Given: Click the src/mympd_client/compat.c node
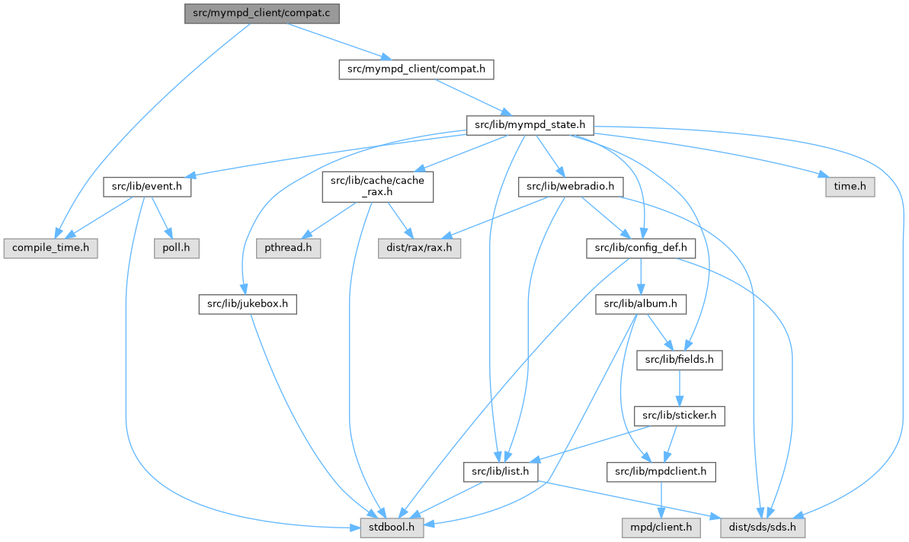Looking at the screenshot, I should click(x=261, y=13).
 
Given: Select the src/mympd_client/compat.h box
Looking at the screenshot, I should click(x=416, y=69).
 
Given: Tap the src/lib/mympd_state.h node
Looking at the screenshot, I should click(x=530, y=123).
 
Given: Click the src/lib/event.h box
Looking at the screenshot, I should click(x=147, y=186).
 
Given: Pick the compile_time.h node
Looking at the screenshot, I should click(x=51, y=248).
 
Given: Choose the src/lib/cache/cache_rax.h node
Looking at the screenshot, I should click(x=378, y=186).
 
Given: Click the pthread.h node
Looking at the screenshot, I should click(x=289, y=248).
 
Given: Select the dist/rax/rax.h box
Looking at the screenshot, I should click(x=419, y=248).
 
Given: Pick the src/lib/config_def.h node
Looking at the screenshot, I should click(x=641, y=248).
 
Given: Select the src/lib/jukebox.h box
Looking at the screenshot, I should click(x=247, y=304).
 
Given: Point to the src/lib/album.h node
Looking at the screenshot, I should click(x=641, y=304).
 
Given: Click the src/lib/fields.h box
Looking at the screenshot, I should click(x=680, y=360).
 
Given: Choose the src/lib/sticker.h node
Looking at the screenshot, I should click(x=680, y=416).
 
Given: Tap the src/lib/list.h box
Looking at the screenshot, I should click(x=501, y=472).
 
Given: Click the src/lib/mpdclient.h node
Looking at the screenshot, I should click(x=661, y=472).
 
